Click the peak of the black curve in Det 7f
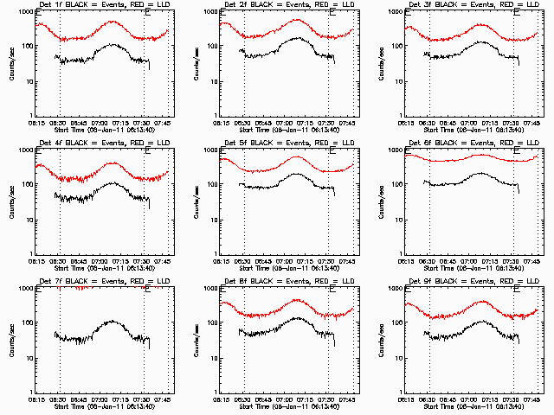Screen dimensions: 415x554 click(112, 321)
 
